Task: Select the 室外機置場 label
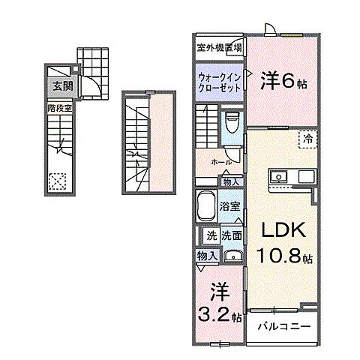pos(219,48)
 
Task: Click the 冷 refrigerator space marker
pos(308,137)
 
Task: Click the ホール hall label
pos(220,161)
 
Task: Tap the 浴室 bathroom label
pos(229,205)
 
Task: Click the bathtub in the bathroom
pos(205,205)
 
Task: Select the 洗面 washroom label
pos(231,235)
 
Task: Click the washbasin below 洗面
pos(232,254)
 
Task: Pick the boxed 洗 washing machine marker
pos(211,235)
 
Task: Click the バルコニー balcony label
pos(283,326)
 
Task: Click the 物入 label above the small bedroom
pos(207,256)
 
